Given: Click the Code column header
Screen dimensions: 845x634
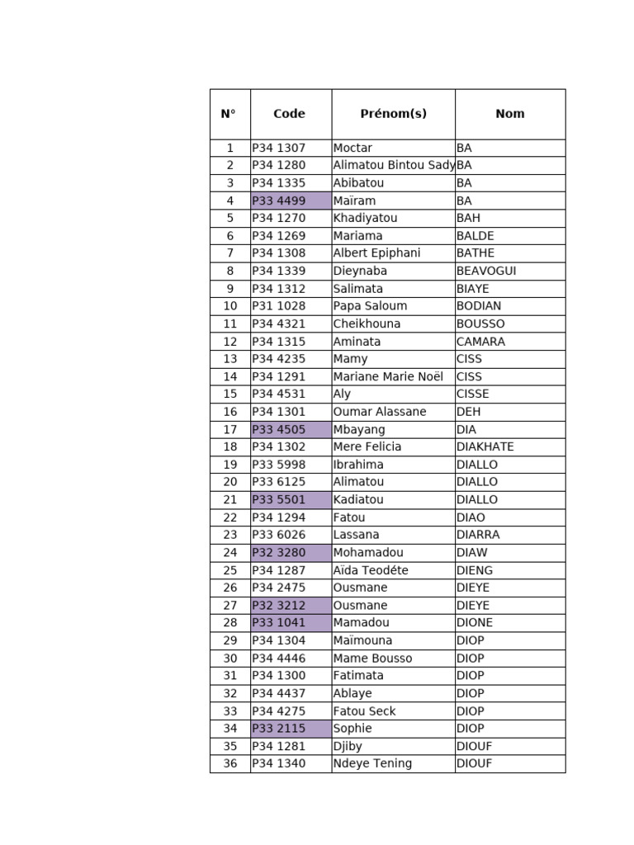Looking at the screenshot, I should pos(289,114).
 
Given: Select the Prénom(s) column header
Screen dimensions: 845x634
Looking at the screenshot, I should pos(393,114).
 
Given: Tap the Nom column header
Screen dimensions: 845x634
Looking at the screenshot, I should pos(509,114).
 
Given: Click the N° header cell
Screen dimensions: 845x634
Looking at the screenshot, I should pos(229,114).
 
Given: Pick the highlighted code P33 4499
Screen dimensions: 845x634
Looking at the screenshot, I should pos(279,201).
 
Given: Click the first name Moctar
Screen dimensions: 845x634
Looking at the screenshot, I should pos(352,148).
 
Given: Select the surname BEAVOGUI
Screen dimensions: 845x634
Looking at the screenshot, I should pos(486,271).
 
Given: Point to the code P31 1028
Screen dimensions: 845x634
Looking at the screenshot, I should pos(279,305).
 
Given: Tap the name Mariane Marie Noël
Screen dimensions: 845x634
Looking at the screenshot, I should pos(388,376).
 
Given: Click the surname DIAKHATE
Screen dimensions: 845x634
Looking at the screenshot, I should pos(485,446).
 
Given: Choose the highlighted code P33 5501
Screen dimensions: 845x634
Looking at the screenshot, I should pos(279,499).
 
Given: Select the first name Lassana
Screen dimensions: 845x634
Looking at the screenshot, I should pos(357,535).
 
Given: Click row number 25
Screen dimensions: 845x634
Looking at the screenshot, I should pos(230,570).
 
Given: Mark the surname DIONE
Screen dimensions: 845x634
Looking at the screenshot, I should pos(475,622).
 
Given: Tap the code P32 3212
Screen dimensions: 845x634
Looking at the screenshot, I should pos(279,605).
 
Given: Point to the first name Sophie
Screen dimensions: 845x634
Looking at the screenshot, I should pos(352,728).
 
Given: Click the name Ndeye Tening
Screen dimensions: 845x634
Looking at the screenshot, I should pos(372,763).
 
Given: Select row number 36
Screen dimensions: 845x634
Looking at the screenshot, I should pos(230,763).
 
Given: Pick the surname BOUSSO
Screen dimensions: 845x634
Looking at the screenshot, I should pos(480,323).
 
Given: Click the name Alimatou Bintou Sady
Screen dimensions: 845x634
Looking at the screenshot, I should pos(394,165).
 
